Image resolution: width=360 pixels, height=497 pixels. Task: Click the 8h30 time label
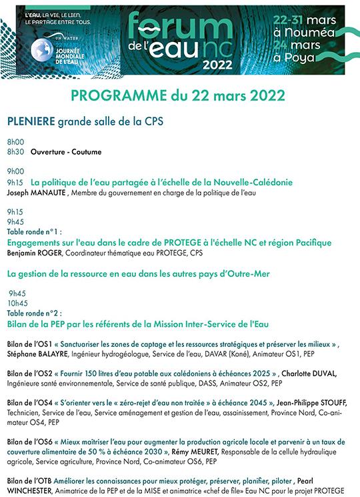click(x=15, y=152)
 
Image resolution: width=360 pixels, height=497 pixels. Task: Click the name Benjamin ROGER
click(x=31, y=254)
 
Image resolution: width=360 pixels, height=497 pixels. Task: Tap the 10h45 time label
click(x=18, y=302)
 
